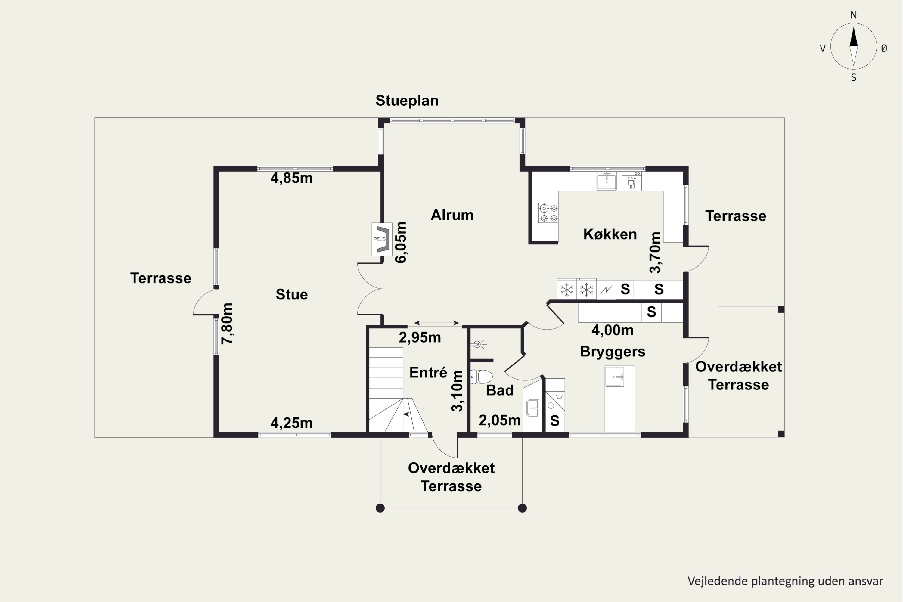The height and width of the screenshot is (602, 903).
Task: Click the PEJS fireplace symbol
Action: point(382,239)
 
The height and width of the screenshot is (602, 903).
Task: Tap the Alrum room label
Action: point(452,215)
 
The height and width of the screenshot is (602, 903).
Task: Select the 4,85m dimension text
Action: point(291,178)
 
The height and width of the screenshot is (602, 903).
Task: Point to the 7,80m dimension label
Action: point(227,324)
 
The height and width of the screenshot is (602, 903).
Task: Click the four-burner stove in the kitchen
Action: point(548,213)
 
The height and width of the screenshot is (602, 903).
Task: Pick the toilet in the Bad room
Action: point(481,377)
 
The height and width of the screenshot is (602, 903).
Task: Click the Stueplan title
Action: point(407,101)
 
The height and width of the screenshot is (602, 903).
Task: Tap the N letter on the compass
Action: point(853,15)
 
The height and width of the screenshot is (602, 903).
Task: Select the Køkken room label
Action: point(610,234)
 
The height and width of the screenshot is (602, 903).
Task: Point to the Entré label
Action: point(428,372)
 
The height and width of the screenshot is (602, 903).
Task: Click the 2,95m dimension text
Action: point(420,337)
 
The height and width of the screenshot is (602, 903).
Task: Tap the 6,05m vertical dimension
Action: point(400,242)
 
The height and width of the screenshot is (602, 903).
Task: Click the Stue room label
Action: point(292,294)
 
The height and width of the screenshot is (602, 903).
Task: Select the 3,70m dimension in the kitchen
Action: point(655,253)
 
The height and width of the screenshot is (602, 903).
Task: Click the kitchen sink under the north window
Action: point(607,181)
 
